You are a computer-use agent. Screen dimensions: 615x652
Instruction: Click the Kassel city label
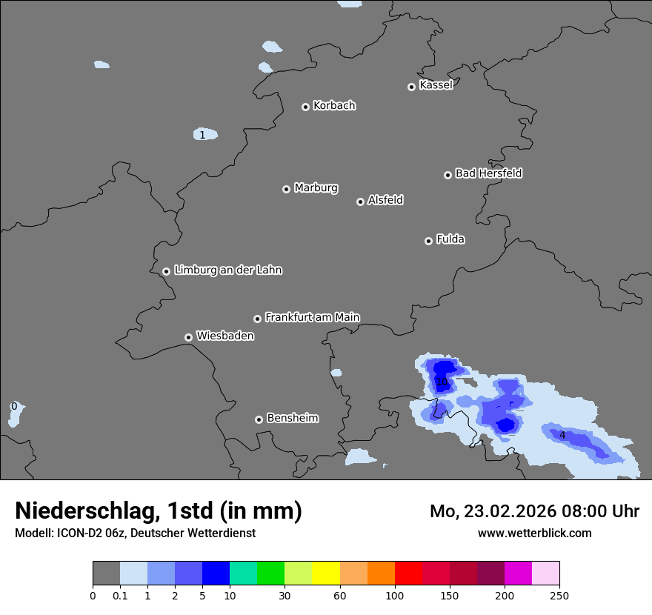coord(436,85)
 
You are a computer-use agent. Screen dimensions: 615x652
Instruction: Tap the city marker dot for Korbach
coord(305,107)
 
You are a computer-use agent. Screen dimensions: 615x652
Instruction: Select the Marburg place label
coord(316,188)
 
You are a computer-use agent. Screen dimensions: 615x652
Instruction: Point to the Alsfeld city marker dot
coord(360,202)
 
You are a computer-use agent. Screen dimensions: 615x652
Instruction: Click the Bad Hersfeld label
coord(488,173)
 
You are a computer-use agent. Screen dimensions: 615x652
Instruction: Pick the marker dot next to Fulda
coord(428,241)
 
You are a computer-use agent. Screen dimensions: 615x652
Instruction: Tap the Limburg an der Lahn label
coord(227,270)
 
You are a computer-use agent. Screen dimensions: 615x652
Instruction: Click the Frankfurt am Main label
coord(312,317)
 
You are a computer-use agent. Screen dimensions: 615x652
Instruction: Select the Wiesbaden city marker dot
coord(188,337)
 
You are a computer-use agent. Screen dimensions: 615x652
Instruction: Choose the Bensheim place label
coord(292,418)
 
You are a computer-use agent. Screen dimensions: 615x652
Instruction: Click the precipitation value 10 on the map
coord(442,382)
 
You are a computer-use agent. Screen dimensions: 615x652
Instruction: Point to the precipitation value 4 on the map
coord(562,435)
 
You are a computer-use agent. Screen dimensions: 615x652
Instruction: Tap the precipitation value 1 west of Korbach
coord(202,135)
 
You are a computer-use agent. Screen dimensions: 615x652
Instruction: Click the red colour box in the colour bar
coord(408,574)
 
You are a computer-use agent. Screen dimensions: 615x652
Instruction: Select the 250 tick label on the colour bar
coord(559,596)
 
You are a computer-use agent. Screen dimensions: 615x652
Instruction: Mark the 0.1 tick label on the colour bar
coord(120,596)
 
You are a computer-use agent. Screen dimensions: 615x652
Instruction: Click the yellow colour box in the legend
coord(326,574)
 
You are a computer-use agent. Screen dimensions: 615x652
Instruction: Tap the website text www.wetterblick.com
coord(534,533)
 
